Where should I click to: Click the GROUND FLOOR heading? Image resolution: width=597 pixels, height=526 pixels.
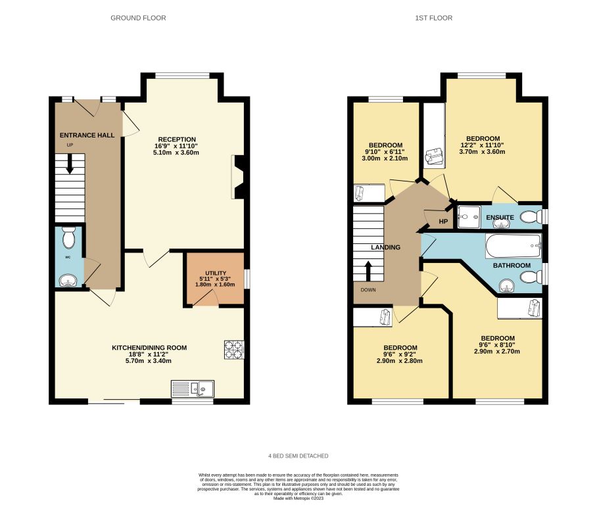click(x=138, y=18)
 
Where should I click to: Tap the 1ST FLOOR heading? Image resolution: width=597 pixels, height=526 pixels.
click(x=434, y=18)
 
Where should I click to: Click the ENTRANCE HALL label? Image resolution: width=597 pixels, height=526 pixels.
click(x=87, y=135)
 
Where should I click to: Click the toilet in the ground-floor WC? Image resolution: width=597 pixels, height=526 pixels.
click(x=69, y=237)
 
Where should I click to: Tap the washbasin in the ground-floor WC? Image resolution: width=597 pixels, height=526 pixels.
click(x=69, y=281)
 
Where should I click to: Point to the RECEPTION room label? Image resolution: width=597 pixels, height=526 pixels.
click(x=177, y=139)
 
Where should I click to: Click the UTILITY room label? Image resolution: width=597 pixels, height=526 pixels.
click(x=216, y=273)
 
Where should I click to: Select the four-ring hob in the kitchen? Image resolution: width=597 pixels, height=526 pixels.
click(x=234, y=350)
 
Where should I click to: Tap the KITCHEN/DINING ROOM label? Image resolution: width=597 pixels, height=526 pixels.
click(x=149, y=348)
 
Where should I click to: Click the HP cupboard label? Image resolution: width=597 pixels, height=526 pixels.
click(x=443, y=222)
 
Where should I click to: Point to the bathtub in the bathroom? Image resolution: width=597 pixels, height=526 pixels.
click(x=513, y=246)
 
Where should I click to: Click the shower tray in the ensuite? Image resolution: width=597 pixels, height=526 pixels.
click(x=469, y=217)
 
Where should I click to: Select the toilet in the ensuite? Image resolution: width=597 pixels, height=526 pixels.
click(x=531, y=217)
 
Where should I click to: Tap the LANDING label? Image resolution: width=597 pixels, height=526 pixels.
click(x=386, y=248)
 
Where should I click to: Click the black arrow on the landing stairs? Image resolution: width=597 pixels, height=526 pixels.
click(x=368, y=271)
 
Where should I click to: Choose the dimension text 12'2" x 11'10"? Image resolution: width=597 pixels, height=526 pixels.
click(x=483, y=145)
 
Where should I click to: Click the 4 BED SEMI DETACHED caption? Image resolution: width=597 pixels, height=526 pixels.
click(x=298, y=456)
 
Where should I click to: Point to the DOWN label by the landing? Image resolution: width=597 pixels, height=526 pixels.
click(x=368, y=290)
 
